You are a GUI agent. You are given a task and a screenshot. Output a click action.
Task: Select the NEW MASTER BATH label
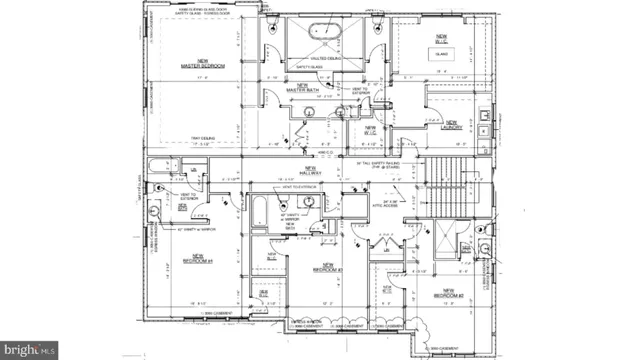pyautogui.click(x=301, y=88)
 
